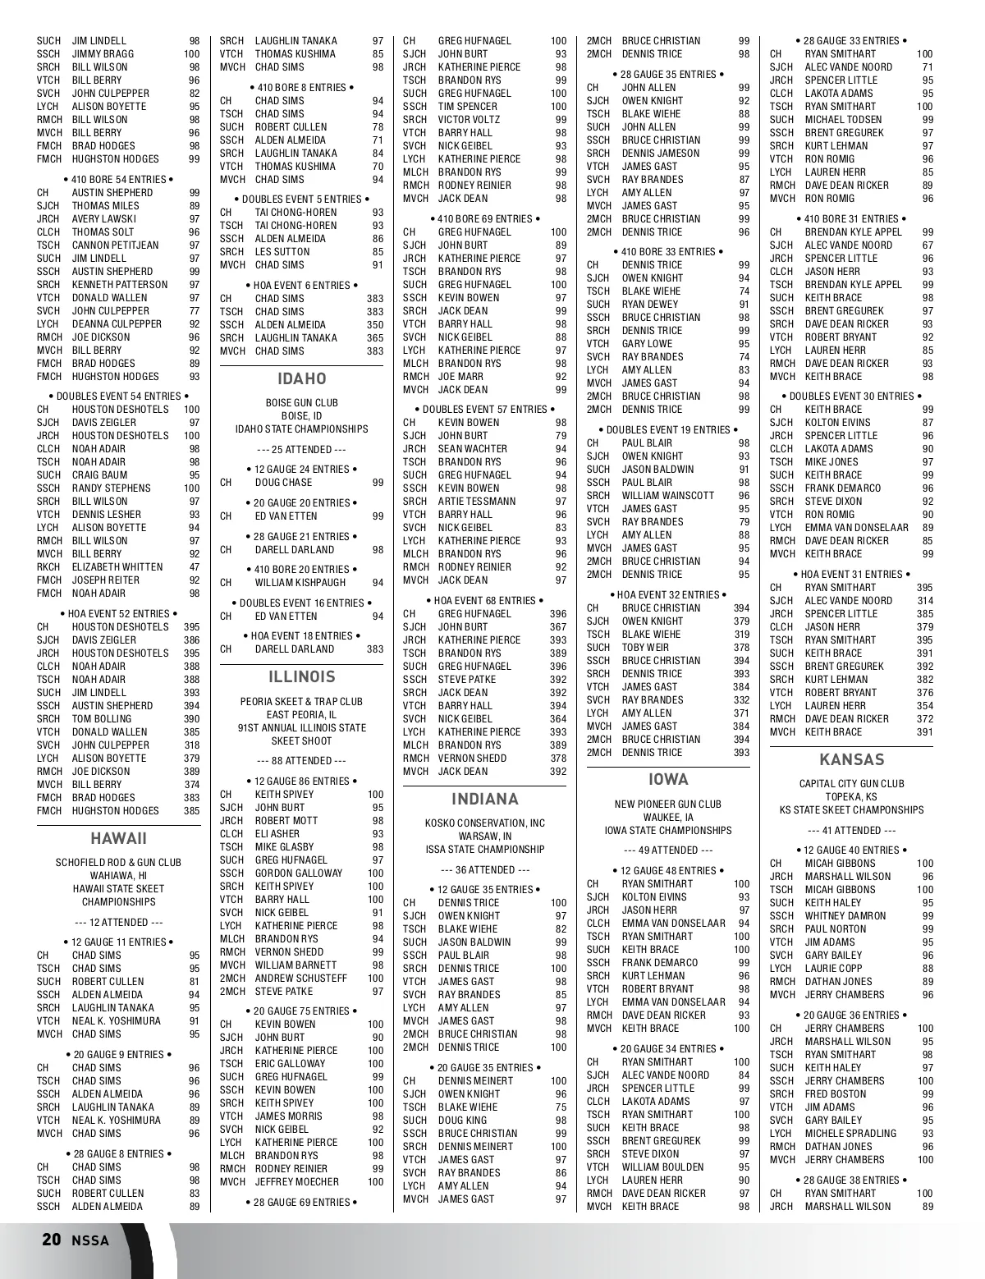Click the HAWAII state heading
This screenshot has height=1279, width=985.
tap(118, 838)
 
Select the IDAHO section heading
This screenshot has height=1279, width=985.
tap(301, 378)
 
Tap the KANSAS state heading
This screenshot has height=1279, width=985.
tap(851, 759)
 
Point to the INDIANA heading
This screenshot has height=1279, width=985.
tap(484, 799)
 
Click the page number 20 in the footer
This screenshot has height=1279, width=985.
tap(51, 1240)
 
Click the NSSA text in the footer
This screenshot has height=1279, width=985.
tap(89, 1240)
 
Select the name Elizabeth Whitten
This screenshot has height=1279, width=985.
tap(117, 567)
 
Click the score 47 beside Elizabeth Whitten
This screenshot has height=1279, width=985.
tap(195, 567)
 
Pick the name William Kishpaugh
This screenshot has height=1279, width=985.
tap(300, 583)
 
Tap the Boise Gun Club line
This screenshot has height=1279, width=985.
tap(301, 403)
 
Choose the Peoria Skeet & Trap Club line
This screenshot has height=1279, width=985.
tap(301, 702)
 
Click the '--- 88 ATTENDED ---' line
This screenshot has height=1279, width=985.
tap(301, 761)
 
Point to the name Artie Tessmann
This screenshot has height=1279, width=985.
tap(477, 502)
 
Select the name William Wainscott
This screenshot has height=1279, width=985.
tap(667, 496)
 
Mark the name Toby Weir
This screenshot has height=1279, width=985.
tap(645, 648)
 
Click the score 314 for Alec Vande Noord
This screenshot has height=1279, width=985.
tap(924, 601)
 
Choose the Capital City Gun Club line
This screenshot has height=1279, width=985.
tap(851, 784)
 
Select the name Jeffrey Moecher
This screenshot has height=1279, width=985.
tap(296, 1182)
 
